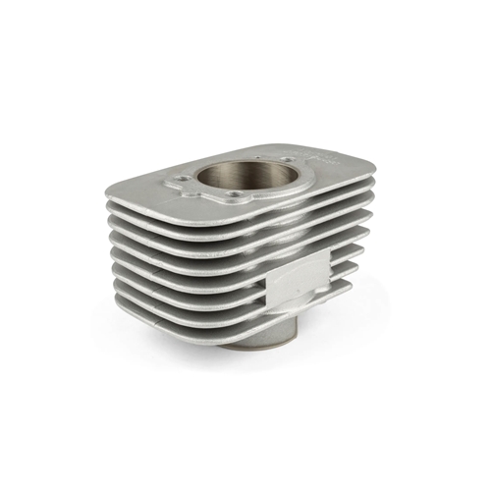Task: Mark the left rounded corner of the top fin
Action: point(113,189)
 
